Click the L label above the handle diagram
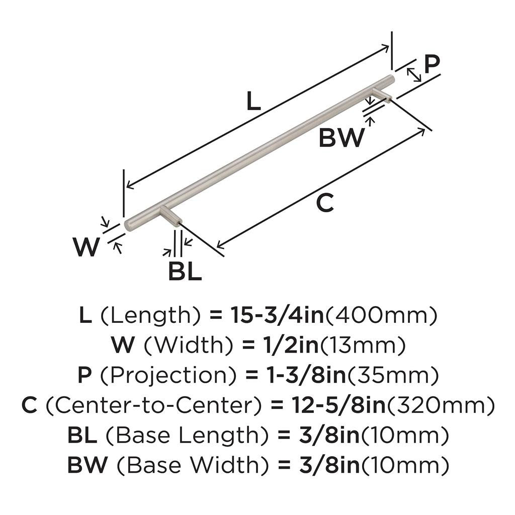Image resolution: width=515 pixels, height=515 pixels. (x=254, y=102)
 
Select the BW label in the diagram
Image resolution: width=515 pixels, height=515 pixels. (x=341, y=138)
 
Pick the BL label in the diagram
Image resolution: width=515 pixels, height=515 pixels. (x=185, y=272)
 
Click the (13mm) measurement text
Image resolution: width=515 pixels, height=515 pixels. (x=363, y=346)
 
